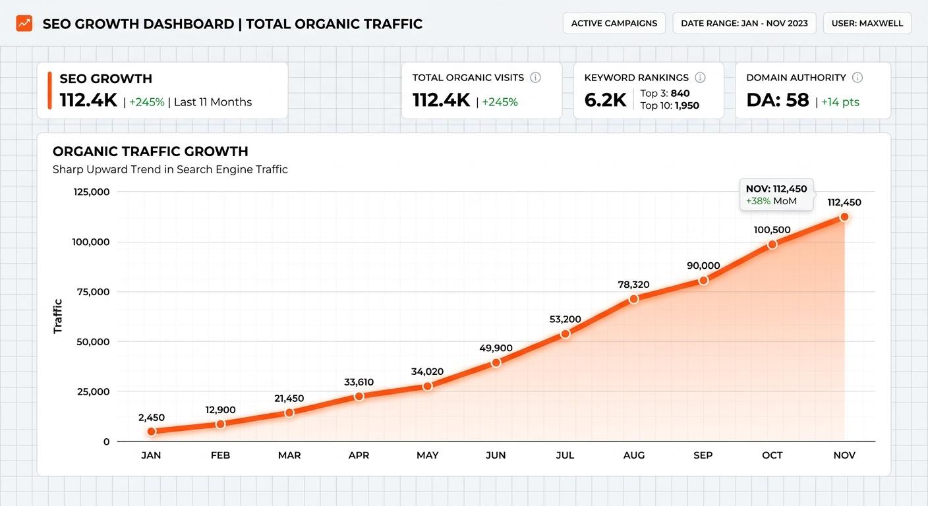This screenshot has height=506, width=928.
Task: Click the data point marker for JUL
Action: (x=565, y=334)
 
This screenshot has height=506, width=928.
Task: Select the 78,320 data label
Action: (x=633, y=285)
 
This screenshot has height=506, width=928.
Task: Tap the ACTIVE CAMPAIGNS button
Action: (x=614, y=23)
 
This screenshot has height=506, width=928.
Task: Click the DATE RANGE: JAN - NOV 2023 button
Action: (x=744, y=23)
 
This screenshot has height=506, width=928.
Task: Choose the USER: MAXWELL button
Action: (x=867, y=23)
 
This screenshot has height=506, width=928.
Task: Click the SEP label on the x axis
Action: (x=703, y=455)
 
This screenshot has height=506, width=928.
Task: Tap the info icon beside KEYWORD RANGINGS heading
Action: (x=700, y=78)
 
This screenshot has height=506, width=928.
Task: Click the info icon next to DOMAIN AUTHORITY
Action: (x=857, y=78)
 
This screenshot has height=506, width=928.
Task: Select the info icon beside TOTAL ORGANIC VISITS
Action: (x=535, y=78)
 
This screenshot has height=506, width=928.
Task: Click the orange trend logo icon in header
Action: (x=24, y=24)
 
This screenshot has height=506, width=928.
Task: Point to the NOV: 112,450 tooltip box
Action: (x=776, y=194)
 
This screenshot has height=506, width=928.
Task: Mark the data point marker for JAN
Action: (x=152, y=432)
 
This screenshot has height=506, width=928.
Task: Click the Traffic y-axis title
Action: (x=58, y=316)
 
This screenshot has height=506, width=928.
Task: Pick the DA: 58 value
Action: (x=777, y=100)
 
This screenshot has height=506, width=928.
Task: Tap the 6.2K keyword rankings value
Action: (x=605, y=100)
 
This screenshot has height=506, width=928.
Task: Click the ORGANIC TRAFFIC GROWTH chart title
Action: (x=150, y=152)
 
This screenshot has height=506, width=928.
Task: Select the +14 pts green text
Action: (x=840, y=102)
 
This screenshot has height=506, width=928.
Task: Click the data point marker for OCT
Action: (x=772, y=244)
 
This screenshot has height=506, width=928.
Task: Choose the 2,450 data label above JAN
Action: (x=152, y=418)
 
